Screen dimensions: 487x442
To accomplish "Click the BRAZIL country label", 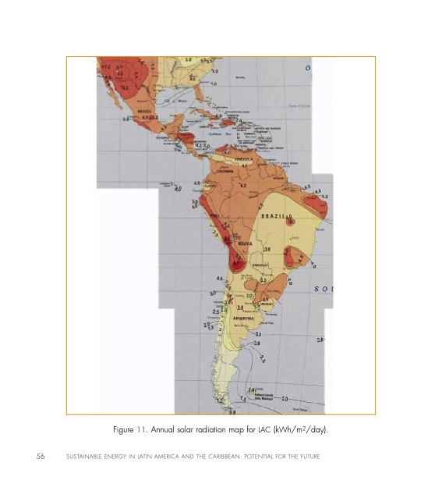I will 274,215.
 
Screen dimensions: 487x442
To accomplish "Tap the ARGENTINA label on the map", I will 243,318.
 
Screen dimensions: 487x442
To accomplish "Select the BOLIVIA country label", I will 244,243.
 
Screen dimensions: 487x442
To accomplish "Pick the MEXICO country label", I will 144,111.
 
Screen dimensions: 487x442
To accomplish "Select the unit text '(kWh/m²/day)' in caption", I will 301,429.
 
